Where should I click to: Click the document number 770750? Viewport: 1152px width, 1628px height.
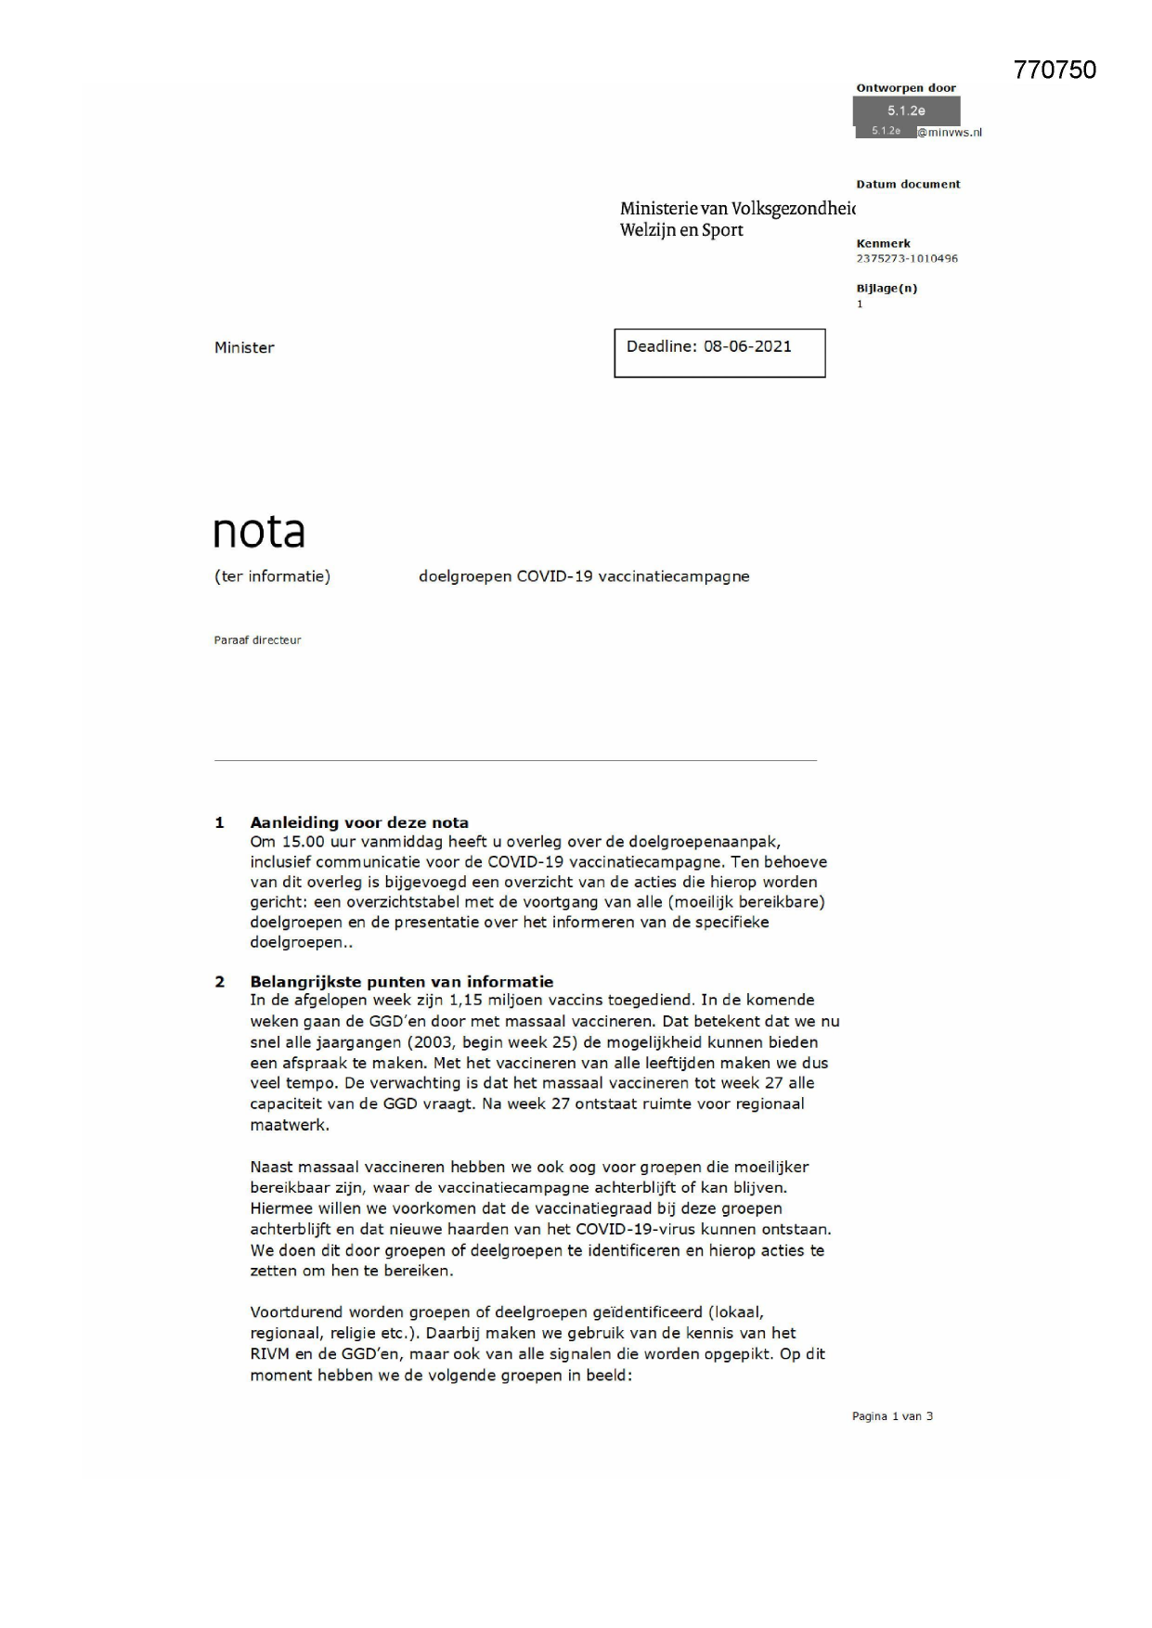(1055, 71)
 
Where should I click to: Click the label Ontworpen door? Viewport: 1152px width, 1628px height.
(905, 88)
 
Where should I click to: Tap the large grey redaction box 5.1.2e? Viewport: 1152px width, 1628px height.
(906, 110)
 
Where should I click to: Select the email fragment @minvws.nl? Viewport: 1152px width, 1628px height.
(950, 133)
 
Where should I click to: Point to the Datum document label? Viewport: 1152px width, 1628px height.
(908, 185)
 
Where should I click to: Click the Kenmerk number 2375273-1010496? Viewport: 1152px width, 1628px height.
(906, 259)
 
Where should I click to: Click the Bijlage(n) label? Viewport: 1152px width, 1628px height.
(887, 289)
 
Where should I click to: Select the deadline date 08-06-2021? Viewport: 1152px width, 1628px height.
(747, 347)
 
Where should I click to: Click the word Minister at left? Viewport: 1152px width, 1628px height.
(244, 348)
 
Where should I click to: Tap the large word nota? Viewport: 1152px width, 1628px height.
(259, 532)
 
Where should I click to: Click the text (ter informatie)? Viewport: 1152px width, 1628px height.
(272, 576)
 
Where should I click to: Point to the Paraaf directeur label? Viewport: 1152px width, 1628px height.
(257, 640)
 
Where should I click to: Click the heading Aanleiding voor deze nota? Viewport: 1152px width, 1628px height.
(359, 822)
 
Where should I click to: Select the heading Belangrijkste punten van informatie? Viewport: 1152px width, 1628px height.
(401, 982)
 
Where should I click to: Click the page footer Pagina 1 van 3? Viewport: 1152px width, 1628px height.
(892, 1416)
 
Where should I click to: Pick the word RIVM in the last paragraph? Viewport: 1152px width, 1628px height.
(270, 1354)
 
